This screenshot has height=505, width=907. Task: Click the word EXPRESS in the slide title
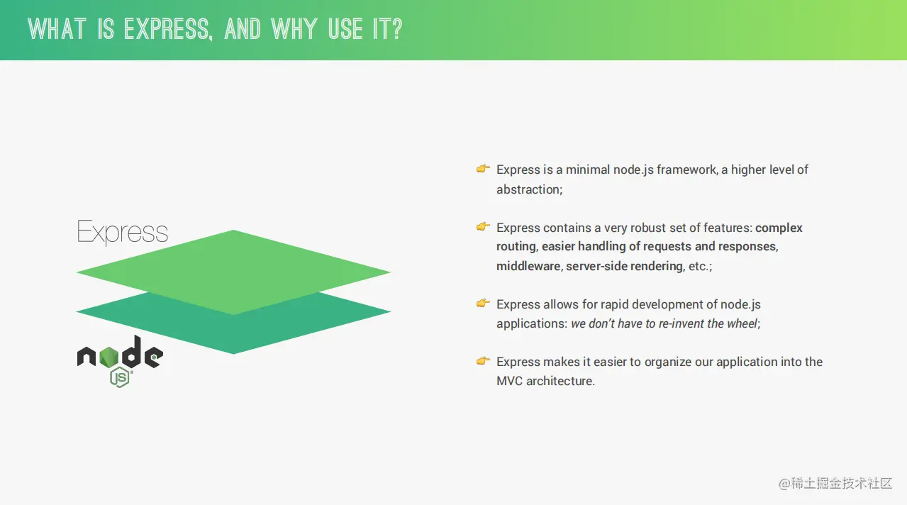coord(168,29)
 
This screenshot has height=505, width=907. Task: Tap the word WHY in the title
coord(294,29)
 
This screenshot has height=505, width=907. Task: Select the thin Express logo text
coord(122,232)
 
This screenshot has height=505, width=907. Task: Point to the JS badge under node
coord(119,377)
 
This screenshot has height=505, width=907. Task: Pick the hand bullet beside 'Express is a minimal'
coord(483,169)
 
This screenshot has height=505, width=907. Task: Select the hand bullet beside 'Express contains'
coord(483,226)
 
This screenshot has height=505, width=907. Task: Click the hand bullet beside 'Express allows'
coord(483,303)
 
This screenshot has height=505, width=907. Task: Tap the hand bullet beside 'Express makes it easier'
coord(483,360)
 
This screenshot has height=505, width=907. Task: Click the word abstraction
coord(528,189)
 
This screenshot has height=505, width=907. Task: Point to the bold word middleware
coord(528,266)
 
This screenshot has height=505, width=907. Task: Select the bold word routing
coord(516,247)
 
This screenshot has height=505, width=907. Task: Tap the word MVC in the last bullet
coord(509,381)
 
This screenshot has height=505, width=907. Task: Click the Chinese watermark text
coord(836,483)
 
